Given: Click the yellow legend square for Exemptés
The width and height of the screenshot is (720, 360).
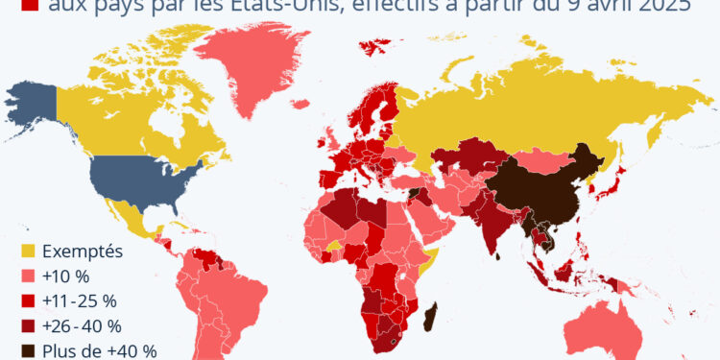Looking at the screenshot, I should (28, 252).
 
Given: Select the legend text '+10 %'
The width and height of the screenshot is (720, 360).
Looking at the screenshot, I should (63, 276).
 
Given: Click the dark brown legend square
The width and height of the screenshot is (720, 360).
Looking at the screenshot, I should (28, 350).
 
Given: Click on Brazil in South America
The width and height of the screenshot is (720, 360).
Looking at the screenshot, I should (235, 288).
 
